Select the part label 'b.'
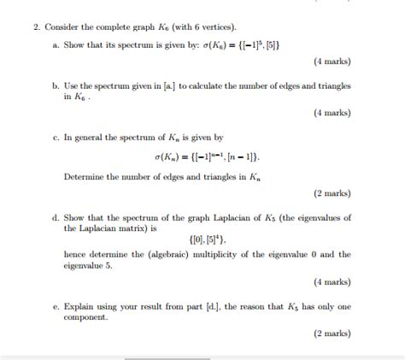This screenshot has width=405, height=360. tap(56, 87)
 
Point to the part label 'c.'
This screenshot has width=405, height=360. tap(56, 137)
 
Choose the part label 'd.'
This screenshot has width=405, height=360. tap(56, 218)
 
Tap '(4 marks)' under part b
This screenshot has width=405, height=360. tap(332, 113)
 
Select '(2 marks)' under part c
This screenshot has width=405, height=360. tap(332, 194)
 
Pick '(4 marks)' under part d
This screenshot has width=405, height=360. tap(332, 281)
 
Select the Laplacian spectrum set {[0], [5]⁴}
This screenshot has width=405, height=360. tap(202, 241)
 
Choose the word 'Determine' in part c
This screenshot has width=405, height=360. tap(85, 177)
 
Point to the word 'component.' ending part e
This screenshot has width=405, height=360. tap(86, 316)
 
